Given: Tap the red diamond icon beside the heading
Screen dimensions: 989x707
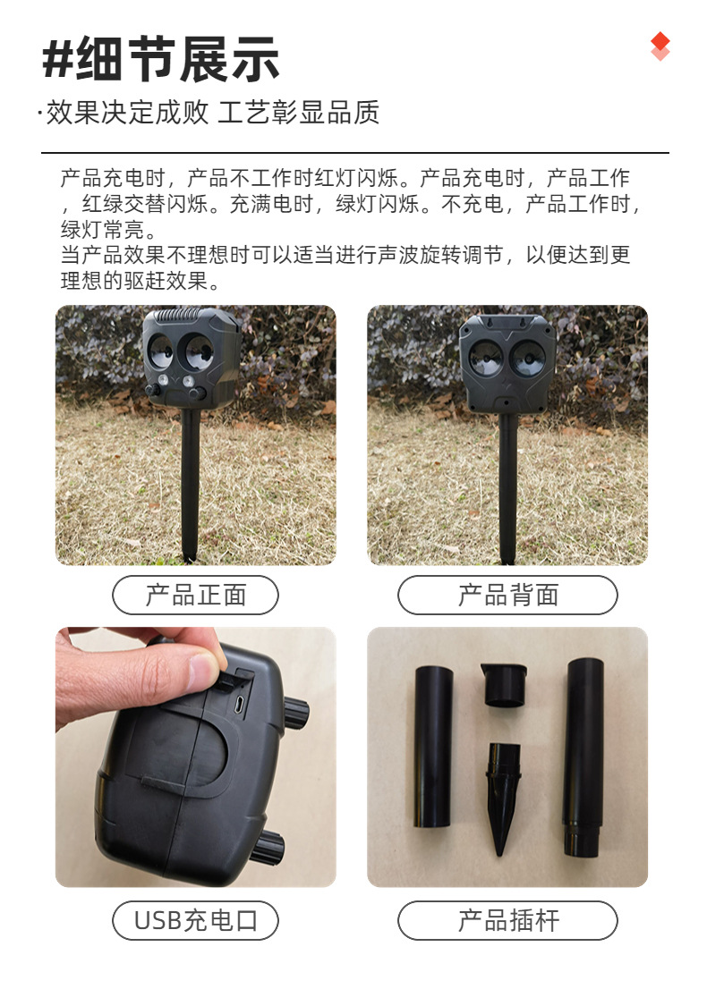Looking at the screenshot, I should click(660, 46).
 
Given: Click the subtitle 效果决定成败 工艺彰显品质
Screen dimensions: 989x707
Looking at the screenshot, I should click(212, 113).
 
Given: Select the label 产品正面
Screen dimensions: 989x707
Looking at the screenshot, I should click(195, 595).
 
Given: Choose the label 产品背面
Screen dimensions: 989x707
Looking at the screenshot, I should click(507, 595).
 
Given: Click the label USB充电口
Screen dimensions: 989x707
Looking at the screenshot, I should click(195, 920).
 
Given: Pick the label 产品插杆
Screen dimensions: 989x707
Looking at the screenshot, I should click(507, 920).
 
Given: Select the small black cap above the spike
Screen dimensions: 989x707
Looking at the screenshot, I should click(503, 684).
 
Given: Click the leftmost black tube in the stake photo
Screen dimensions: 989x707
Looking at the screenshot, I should click(433, 748).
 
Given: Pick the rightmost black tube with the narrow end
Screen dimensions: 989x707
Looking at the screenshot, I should click(582, 756).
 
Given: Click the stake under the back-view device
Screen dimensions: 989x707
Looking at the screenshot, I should click(507, 487).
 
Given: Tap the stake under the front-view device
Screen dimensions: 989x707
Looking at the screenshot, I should click(190, 483).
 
